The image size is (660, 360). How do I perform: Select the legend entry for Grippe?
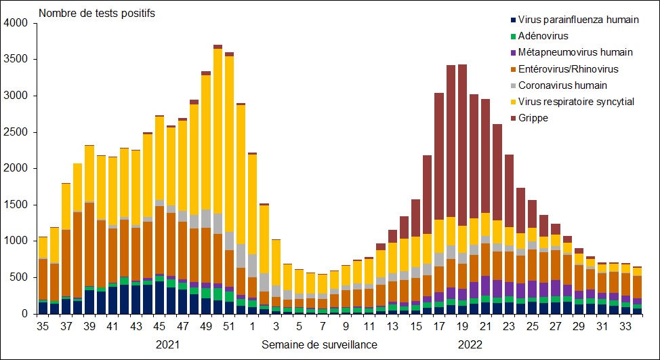(534, 118)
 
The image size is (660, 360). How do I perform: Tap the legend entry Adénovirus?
(543, 36)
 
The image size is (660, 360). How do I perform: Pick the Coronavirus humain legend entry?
(562, 85)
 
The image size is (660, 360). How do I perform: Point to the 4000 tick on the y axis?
(16, 23)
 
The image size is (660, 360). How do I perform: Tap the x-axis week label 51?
(230, 325)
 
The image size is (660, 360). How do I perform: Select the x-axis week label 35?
(43, 325)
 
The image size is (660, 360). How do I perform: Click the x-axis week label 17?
(438, 325)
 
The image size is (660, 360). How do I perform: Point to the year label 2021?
(168, 344)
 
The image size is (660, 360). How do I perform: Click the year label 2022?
(469, 344)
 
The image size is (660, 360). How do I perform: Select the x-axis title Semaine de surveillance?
(319, 344)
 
